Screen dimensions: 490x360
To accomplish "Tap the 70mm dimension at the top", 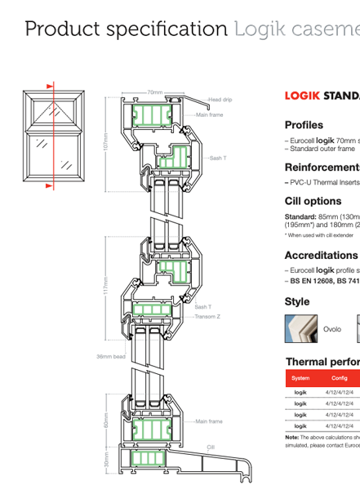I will pyautogui.click(x=154, y=92).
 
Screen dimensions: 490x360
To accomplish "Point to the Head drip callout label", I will pyautogui.click(x=220, y=100).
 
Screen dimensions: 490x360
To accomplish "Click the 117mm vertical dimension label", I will pyautogui.click(x=105, y=286).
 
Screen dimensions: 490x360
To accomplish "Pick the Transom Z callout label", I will pyautogui.click(x=207, y=314).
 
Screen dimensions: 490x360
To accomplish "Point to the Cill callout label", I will pyautogui.click(x=211, y=447).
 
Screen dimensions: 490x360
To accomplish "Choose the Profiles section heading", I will pyautogui.click(x=304, y=125).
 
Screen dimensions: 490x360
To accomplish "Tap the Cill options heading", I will pyautogui.click(x=313, y=201).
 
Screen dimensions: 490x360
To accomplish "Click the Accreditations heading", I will pyautogui.click(x=321, y=256).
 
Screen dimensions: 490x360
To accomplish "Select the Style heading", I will pyautogui.click(x=297, y=301).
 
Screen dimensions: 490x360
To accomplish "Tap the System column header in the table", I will pyautogui.click(x=300, y=378).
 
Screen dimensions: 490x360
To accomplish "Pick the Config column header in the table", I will pyautogui.click(x=340, y=378).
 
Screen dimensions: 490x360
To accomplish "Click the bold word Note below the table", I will pyautogui.click(x=292, y=437).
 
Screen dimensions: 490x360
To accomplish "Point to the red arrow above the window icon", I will pyautogui.click(x=50, y=85).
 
